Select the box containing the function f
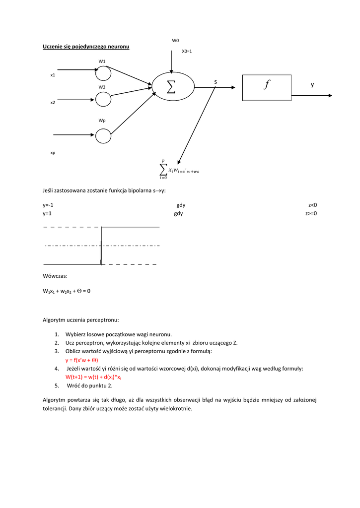(x=267, y=87)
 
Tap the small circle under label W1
(x=103, y=73)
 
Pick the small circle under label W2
(x=103, y=99)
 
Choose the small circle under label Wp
(x=103, y=135)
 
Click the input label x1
(x=53, y=75)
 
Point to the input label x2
(x=53, y=102)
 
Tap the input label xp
(x=53, y=153)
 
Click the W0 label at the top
(x=175, y=41)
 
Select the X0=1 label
(x=187, y=51)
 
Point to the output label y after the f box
(x=312, y=85)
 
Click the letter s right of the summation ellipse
(x=216, y=81)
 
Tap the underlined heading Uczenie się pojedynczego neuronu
(x=86, y=47)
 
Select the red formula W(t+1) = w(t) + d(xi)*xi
(x=93, y=377)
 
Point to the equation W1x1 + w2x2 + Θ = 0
(x=67, y=291)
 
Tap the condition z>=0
(x=311, y=214)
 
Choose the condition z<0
(x=312, y=205)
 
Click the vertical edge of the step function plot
(x=101, y=246)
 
